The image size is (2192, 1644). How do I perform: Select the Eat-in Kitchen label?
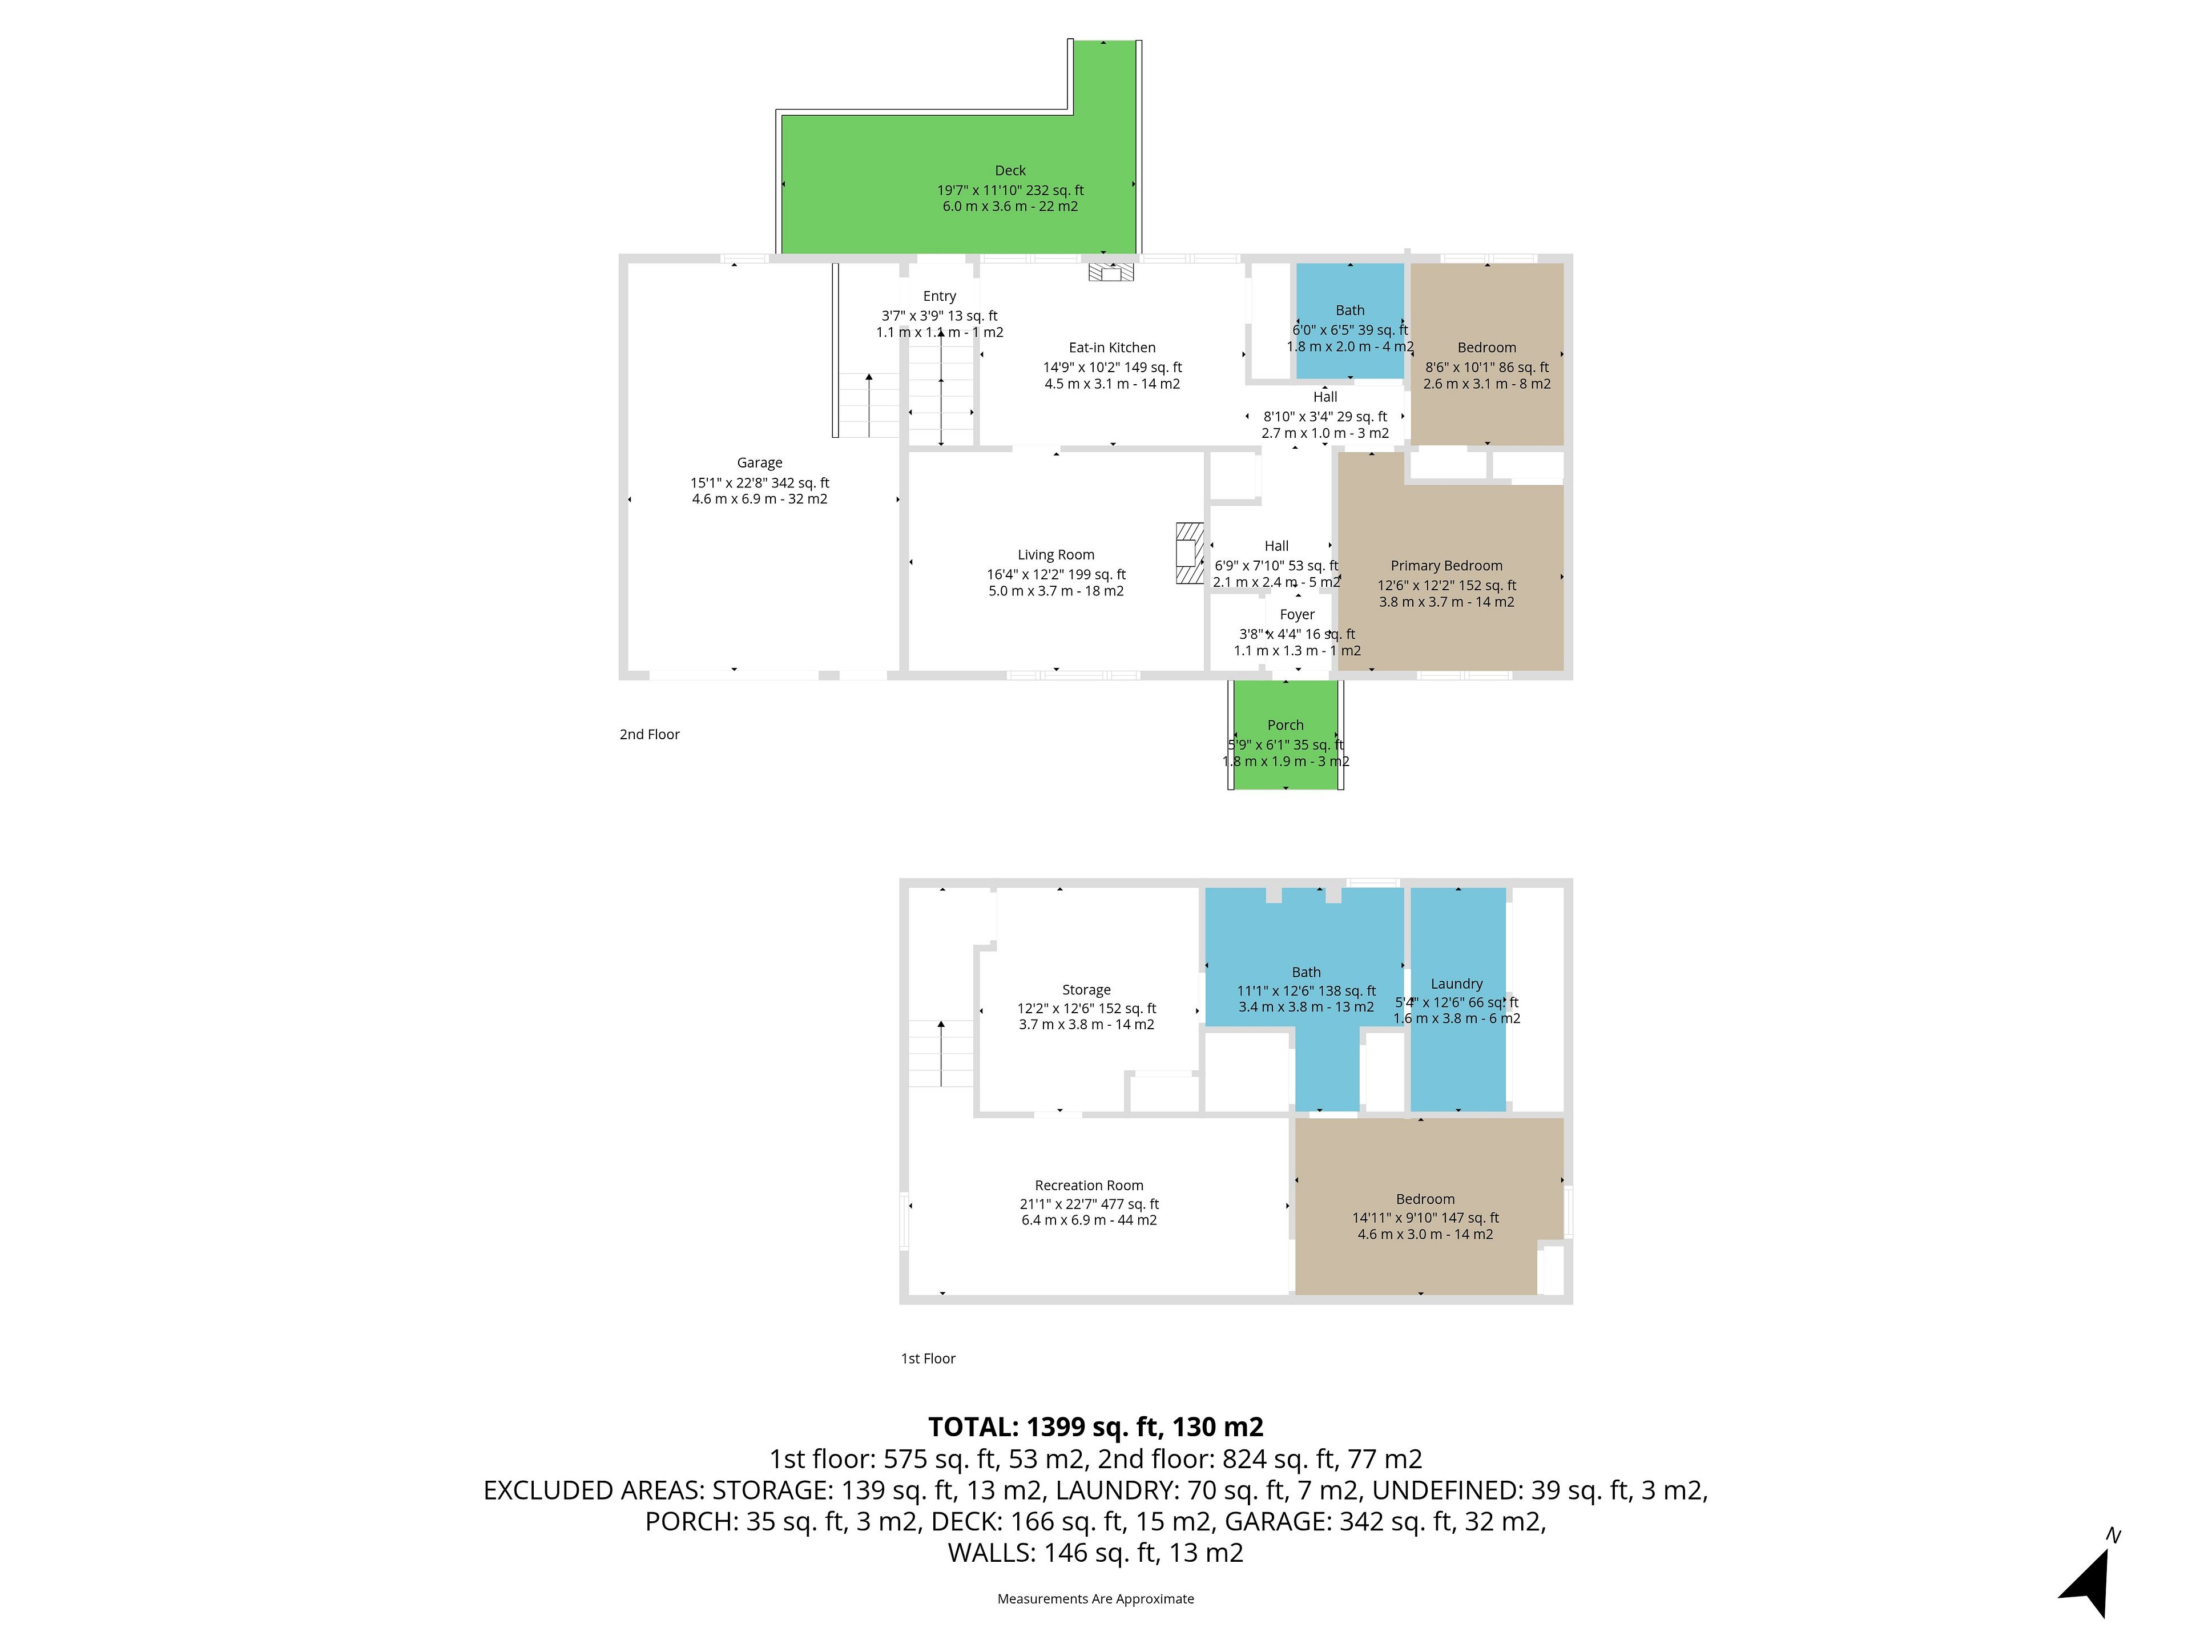[1112, 348]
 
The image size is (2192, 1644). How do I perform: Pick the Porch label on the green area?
[1286, 726]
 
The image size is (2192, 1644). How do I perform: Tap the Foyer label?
[1297, 614]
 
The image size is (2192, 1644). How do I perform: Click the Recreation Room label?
[1089, 1185]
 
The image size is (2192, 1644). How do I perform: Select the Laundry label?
[1457, 984]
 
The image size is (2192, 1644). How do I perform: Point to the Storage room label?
[1086, 990]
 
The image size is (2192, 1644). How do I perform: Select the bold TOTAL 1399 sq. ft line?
[1096, 1427]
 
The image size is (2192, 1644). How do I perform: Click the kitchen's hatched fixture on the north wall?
[1111, 272]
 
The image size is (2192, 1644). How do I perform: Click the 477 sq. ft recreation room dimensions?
[1089, 1204]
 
